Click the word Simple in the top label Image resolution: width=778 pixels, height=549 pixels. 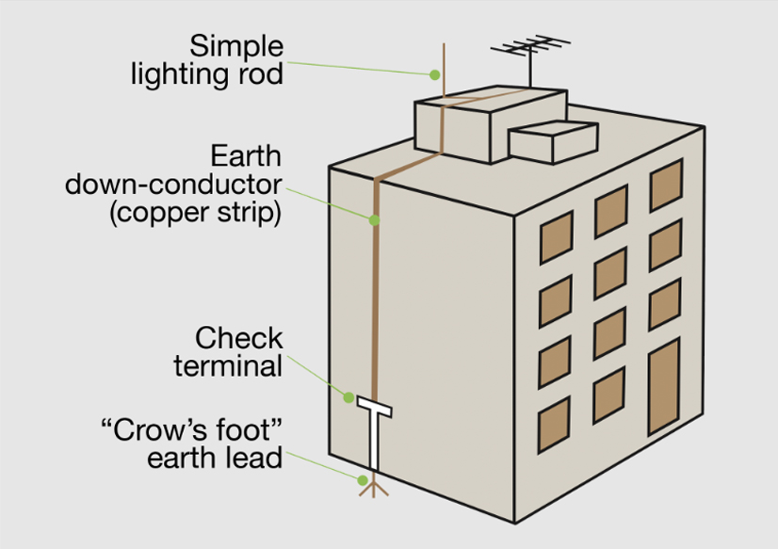[x=236, y=48]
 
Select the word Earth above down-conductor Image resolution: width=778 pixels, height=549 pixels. [x=246, y=156]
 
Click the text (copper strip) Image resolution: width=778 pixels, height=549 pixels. [x=195, y=212]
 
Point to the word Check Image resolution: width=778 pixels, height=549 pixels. [x=238, y=338]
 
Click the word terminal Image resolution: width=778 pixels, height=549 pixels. [x=228, y=366]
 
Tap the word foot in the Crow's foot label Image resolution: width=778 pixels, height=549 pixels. [x=244, y=429]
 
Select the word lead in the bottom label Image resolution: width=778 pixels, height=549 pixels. [x=254, y=458]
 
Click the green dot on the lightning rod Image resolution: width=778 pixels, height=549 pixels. [x=434, y=75]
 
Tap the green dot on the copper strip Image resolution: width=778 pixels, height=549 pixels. [x=375, y=219]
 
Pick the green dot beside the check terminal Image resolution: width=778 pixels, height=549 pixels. [x=348, y=397]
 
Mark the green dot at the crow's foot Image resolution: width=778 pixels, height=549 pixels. [x=363, y=480]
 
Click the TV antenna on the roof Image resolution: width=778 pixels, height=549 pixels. [x=530, y=59]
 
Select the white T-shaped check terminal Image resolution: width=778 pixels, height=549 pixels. [x=375, y=431]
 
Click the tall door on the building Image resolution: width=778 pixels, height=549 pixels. [x=664, y=387]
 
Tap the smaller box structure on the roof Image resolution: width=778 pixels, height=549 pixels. [x=553, y=142]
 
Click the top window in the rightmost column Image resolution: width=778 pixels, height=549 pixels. [x=666, y=185]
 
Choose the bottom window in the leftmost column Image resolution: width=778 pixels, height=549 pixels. [x=554, y=425]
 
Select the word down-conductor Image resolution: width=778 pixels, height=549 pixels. [x=173, y=185]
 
